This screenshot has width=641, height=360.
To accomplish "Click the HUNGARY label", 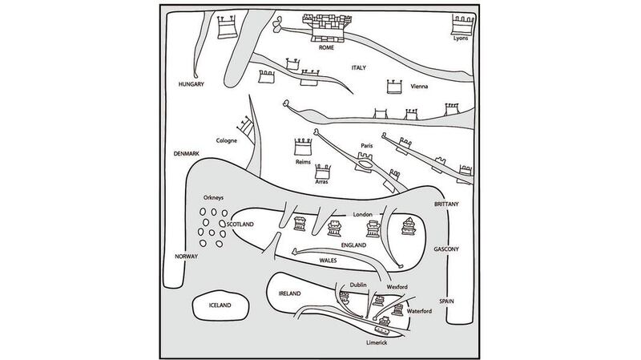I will coord(192,84).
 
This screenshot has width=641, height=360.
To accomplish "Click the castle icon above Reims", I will coord(302,148).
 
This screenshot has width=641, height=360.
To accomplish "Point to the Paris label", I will coord(368,146).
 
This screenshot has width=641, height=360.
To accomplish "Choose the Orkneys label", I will coord(216,197).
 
